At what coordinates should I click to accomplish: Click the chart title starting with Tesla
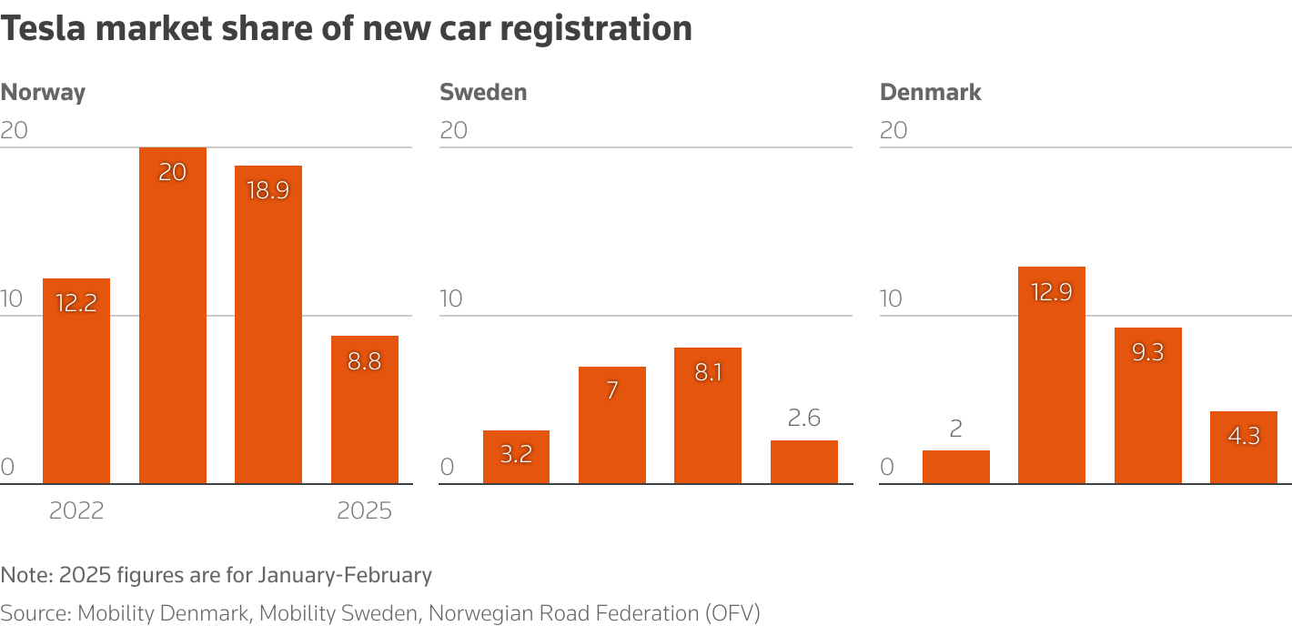click(346, 28)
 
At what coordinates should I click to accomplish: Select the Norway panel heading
click(43, 92)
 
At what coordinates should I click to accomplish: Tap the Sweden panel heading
click(483, 92)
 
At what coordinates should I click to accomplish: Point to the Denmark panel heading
click(931, 92)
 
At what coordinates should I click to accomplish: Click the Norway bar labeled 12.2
click(76, 382)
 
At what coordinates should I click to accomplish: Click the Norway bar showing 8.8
click(365, 409)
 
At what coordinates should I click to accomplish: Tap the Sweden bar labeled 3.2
click(516, 457)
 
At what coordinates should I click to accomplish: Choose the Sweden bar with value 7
click(612, 425)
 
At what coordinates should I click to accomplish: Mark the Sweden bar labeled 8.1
click(708, 416)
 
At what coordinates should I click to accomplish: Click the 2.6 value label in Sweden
click(804, 418)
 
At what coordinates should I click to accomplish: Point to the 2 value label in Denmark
click(955, 429)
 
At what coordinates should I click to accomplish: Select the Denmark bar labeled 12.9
click(1052, 375)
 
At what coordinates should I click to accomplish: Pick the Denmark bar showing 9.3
click(1148, 406)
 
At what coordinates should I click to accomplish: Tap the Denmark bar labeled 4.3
click(1244, 448)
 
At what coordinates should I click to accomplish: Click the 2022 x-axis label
click(76, 510)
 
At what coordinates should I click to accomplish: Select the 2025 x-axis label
click(365, 510)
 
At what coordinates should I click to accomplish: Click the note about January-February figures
click(217, 575)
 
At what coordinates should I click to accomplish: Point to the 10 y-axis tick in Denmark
click(892, 298)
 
